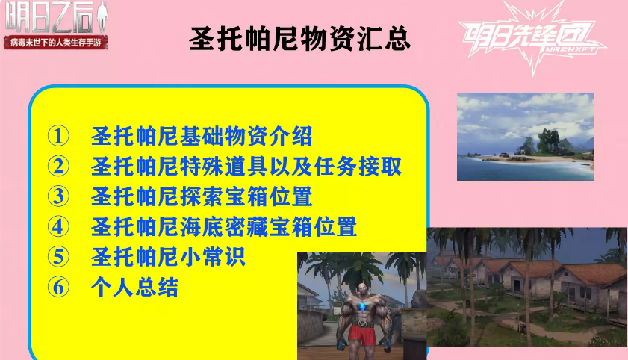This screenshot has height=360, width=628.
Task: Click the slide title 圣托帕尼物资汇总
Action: (x=299, y=39)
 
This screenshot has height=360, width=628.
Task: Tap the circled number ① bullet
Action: (x=58, y=136)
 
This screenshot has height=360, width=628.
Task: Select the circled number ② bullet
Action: (x=58, y=167)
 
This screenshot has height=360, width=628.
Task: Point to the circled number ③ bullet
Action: (x=58, y=196)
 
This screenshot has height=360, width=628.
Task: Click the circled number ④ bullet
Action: (x=58, y=226)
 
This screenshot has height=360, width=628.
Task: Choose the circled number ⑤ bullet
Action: (x=58, y=257)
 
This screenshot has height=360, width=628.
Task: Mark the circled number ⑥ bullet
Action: (x=58, y=287)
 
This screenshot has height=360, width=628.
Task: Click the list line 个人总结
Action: (x=134, y=287)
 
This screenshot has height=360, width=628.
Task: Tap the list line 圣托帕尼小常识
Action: (x=168, y=257)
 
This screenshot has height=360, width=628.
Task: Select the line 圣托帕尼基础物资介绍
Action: (x=202, y=136)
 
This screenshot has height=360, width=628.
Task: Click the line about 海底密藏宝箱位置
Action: (x=224, y=226)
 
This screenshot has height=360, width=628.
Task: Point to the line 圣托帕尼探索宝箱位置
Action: (x=202, y=196)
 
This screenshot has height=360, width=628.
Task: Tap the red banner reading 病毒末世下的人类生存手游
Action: (x=56, y=43)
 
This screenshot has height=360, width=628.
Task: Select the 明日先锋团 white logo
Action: (x=532, y=38)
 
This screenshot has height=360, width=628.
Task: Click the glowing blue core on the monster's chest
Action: (x=363, y=307)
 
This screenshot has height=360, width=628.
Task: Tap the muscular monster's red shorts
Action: (x=362, y=335)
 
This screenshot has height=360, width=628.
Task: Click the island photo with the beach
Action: (x=525, y=137)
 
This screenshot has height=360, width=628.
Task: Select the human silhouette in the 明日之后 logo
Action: (x=102, y=17)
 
